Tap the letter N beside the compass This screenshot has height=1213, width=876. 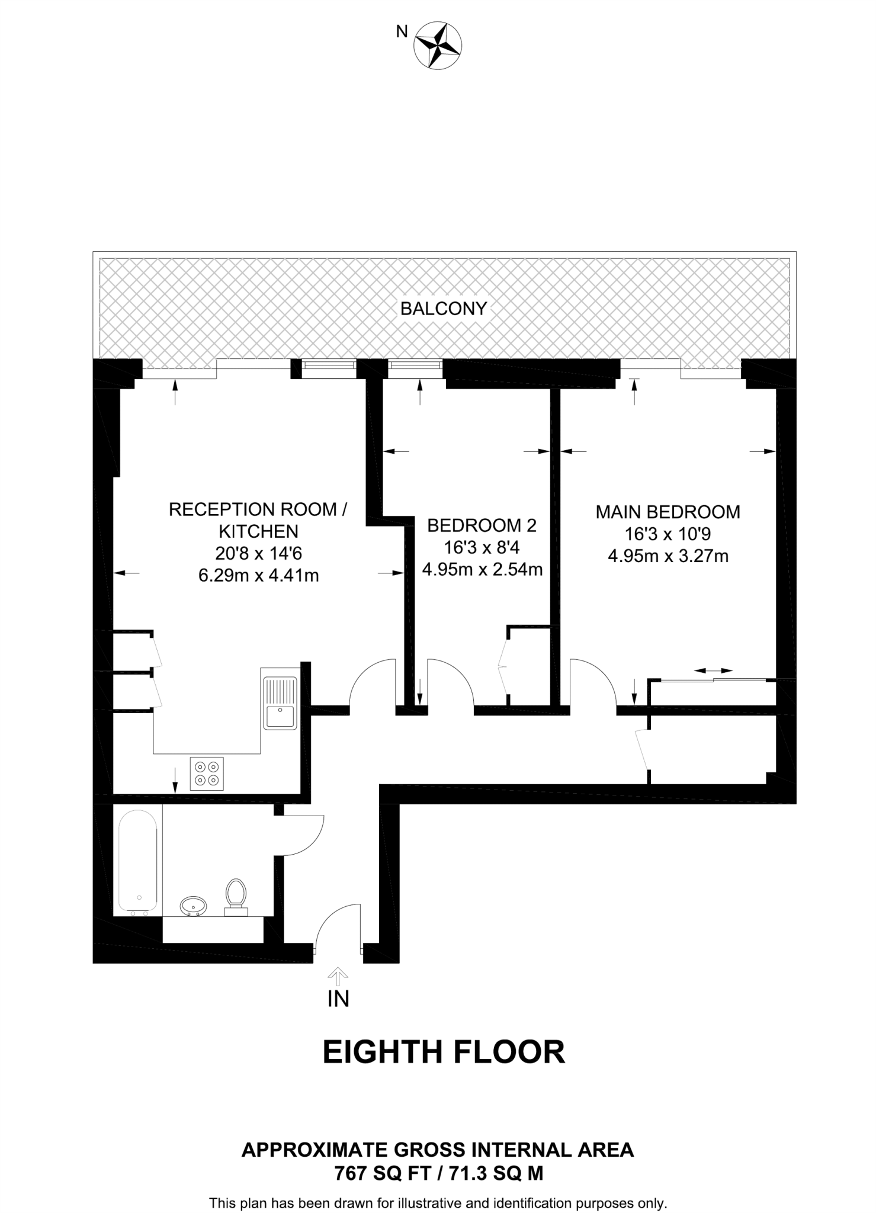[x=402, y=32]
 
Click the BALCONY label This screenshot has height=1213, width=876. [x=444, y=309]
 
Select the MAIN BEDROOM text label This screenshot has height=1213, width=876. [x=668, y=512]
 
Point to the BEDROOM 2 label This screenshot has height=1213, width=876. [x=482, y=525]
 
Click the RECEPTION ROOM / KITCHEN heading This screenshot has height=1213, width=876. [x=258, y=519]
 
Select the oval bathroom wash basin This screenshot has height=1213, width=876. [x=193, y=906]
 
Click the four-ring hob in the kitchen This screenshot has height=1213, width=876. [x=207, y=774]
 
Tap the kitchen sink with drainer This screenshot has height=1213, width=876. [x=280, y=702]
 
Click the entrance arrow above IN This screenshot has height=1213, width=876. [x=338, y=975]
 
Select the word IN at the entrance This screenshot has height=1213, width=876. [x=338, y=999]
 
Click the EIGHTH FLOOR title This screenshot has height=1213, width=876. [x=444, y=1052]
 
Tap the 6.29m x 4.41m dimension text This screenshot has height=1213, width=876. [x=259, y=575]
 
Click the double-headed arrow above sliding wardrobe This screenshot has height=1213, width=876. [x=713, y=670]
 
